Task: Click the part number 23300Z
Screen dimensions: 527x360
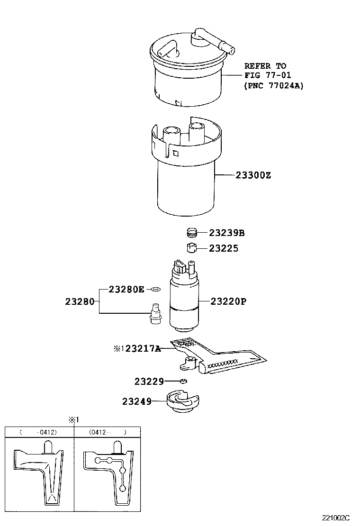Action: click(x=253, y=175)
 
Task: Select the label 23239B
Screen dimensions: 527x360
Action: click(x=227, y=233)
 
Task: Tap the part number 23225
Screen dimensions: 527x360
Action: click(x=224, y=248)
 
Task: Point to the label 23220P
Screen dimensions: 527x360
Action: click(x=228, y=301)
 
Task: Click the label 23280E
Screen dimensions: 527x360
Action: click(x=126, y=289)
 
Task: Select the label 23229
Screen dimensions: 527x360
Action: click(x=149, y=381)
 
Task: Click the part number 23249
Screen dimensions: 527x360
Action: click(x=136, y=401)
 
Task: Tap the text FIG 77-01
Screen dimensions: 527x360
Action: click(x=268, y=75)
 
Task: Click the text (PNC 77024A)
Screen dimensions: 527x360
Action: click(x=274, y=86)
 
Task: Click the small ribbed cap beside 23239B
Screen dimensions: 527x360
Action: click(x=191, y=233)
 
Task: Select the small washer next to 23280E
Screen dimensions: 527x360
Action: click(x=155, y=289)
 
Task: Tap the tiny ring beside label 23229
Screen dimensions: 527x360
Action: click(x=183, y=381)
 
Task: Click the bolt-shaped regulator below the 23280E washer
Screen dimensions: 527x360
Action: click(x=154, y=314)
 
